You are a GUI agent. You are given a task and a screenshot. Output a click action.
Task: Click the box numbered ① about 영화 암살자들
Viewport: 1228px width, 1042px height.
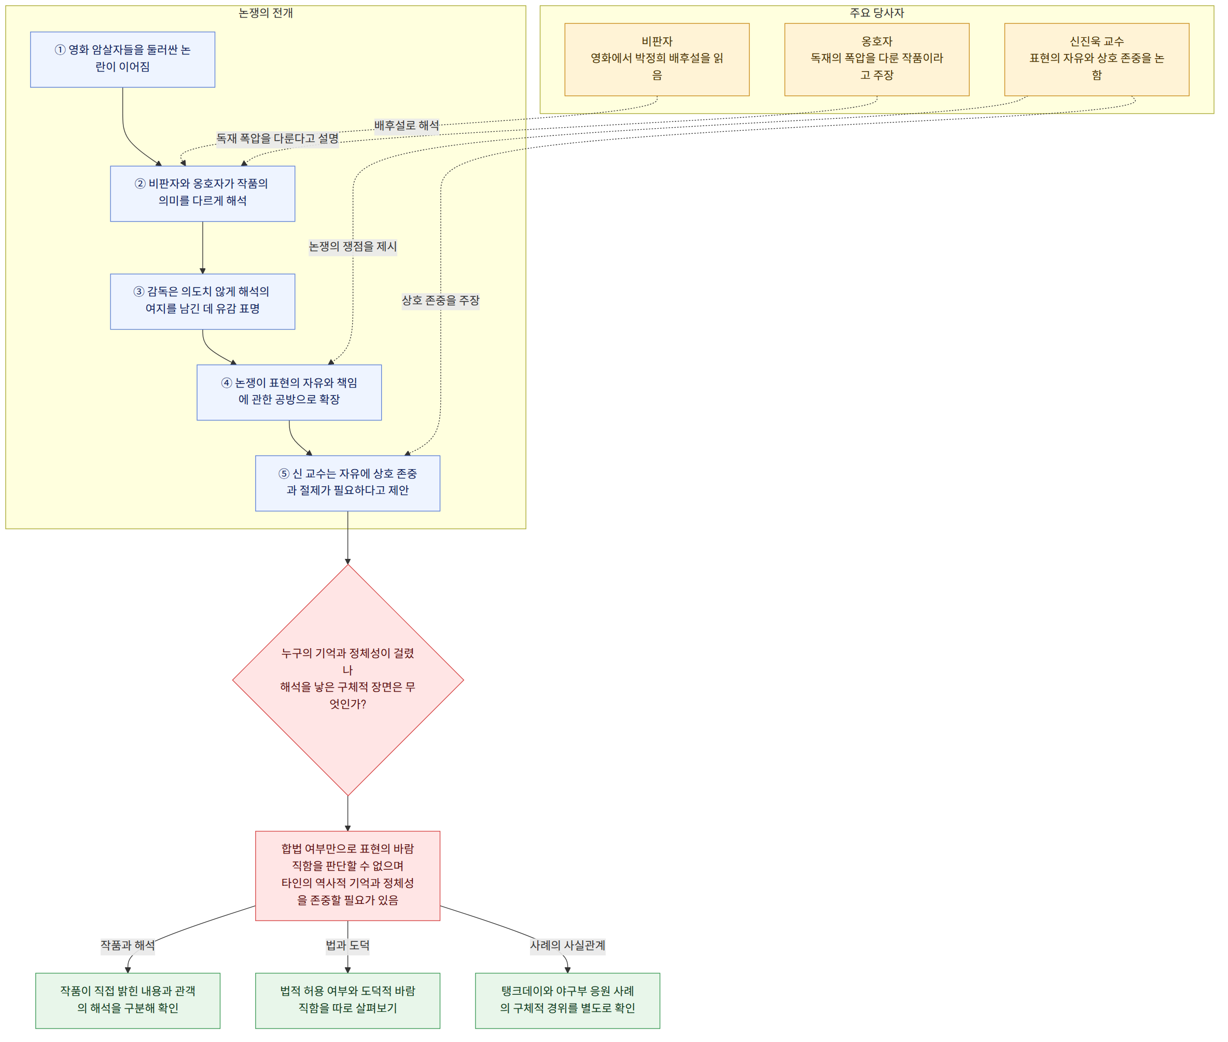(122, 60)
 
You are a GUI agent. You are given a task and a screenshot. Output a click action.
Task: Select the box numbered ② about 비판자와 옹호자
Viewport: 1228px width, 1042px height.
(202, 194)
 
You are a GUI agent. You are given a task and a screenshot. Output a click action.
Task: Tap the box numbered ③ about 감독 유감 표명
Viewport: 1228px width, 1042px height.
(202, 301)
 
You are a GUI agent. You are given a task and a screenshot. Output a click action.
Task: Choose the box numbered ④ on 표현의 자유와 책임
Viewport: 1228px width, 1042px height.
(289, 392)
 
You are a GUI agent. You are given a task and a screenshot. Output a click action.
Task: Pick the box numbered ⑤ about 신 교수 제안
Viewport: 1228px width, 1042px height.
(348, 483)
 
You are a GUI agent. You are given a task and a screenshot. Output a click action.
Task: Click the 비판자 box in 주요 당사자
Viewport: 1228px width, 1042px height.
(657, 60)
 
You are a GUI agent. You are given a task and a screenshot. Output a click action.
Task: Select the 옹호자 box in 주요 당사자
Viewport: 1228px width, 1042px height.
(877, 60)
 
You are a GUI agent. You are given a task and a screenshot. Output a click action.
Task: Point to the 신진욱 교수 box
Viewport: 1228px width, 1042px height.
(1096, 60)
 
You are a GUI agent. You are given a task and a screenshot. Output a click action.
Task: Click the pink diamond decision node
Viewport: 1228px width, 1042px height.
(348, 680)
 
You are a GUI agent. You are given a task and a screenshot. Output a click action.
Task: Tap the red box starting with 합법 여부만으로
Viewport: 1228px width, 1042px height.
(348, 875)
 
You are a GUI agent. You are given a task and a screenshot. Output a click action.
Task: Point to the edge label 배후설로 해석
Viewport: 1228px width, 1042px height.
(407, 126)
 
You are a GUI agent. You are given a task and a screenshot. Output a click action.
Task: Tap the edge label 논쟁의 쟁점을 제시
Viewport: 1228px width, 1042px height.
(353, 247)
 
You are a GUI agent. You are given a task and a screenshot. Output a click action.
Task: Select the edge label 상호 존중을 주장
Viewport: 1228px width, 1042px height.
(440, 300)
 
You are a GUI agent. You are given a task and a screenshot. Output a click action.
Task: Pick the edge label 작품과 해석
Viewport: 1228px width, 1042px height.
(128, 945)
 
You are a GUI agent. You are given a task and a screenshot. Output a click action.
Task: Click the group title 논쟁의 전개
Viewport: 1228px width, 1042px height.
(266, 13)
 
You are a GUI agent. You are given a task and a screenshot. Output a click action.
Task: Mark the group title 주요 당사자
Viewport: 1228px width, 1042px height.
(877, 13)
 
